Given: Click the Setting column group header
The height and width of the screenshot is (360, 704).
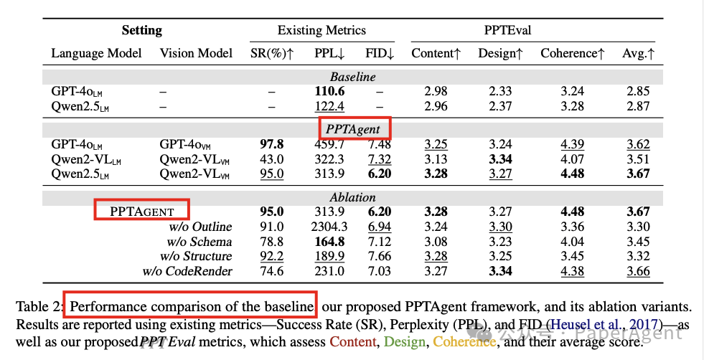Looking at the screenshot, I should (141, 31).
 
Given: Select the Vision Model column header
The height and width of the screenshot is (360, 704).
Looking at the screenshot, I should (196, 53).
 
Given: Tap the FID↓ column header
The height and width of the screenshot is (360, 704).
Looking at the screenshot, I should (379, 53).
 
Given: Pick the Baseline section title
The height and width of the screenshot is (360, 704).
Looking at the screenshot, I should (352, 77).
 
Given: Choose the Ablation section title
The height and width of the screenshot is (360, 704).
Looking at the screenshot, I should (352, 197).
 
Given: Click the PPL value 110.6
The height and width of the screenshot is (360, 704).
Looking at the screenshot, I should (329, 92).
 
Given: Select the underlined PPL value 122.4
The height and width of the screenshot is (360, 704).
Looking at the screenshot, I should (329, 106).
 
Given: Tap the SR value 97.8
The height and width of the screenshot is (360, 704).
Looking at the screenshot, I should (271, 144).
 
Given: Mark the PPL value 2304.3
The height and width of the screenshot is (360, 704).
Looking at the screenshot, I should (329, 227).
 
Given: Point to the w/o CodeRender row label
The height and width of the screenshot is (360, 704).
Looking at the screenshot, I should (187, 271).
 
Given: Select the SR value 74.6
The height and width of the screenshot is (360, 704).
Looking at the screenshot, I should (271, 271).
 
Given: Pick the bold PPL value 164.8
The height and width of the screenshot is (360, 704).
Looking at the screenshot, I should (329, 242).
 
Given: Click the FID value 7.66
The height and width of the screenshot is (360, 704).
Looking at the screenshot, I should (379, 256).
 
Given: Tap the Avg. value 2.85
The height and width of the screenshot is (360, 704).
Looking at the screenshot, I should (638, 92).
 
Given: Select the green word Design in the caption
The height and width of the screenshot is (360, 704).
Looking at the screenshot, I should (405, 342).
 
